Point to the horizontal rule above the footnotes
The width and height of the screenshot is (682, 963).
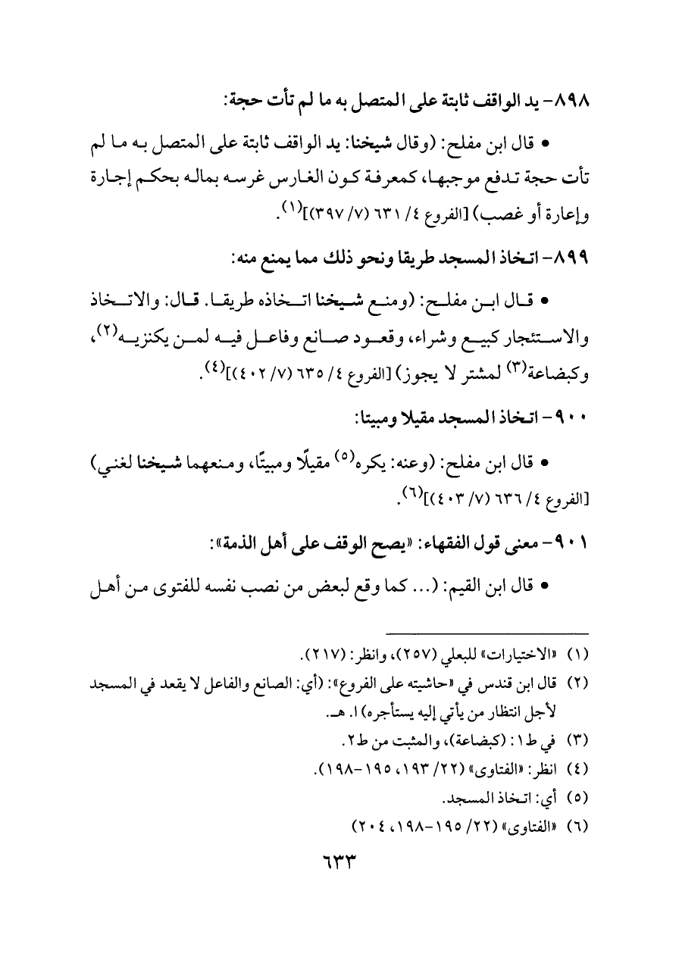[x=486, y=633]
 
